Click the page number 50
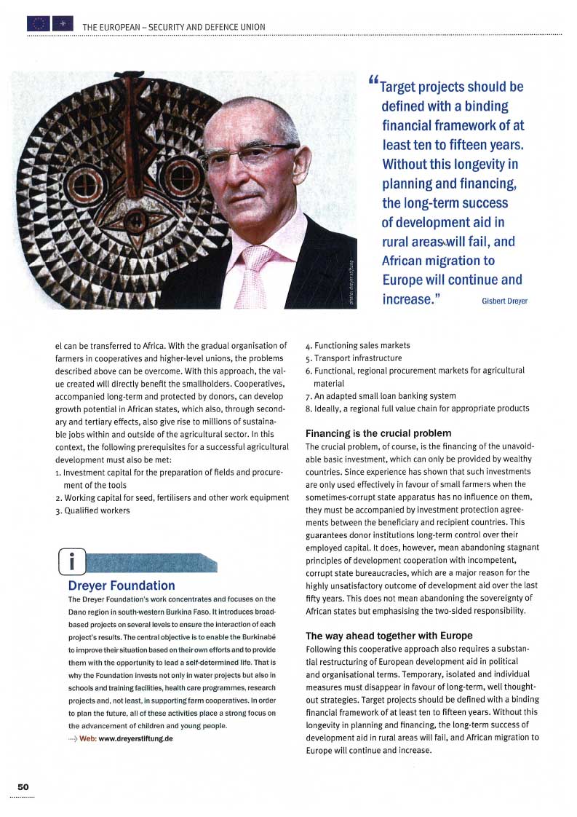point(23,787)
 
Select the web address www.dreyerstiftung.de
point(135,738)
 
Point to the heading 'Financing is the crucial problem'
point(378,433)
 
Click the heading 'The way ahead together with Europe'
point(389,636)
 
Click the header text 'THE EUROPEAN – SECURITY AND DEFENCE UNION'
point(174,28)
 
